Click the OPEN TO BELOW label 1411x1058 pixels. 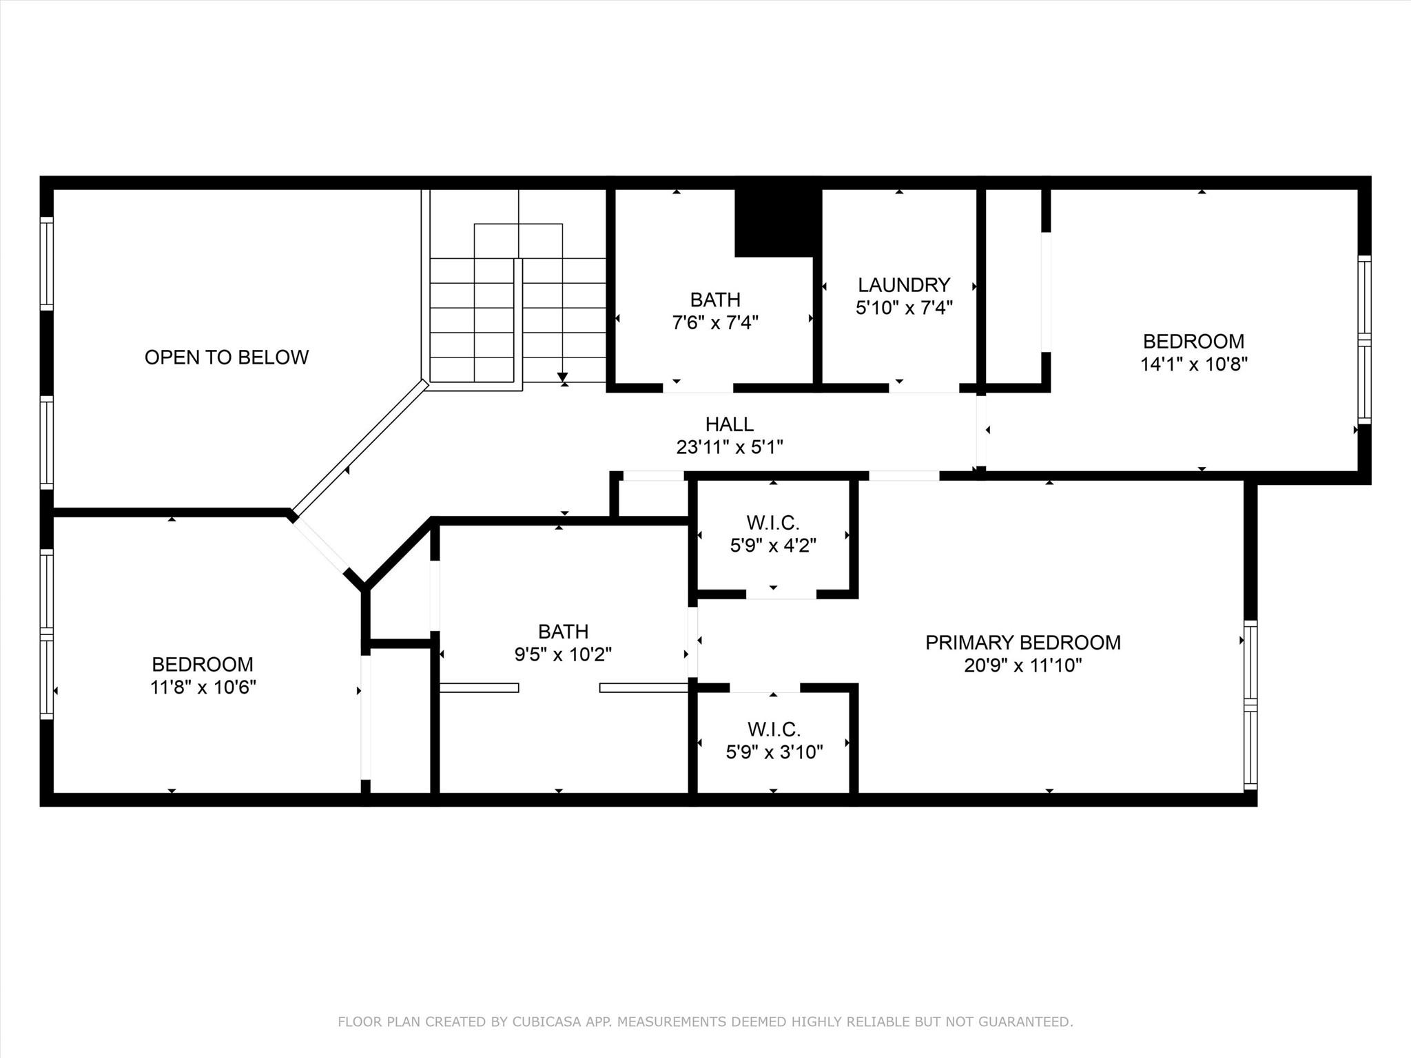[226, 357]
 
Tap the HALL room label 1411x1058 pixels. [730, 424]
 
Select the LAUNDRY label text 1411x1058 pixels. [904, 284]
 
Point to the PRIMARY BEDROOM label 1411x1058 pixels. [1023, 642]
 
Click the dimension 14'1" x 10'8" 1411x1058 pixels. [1194, 364]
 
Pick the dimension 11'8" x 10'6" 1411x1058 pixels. [203, 687]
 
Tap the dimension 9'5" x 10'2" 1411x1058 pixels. [564, 654]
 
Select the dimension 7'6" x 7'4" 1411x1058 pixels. [715, 322]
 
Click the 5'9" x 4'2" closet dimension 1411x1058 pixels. [773, 546]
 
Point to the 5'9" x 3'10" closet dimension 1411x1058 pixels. [774, 751]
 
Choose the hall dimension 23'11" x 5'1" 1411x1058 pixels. [730, 447]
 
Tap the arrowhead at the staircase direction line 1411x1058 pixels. [563, 377]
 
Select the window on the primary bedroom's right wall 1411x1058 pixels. [1250, 705]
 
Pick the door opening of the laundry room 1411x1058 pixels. [923, 388]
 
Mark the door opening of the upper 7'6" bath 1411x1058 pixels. [698, 388]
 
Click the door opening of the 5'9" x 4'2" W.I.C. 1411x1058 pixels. [781, 594]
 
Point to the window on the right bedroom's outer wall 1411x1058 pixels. [1364, 340]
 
